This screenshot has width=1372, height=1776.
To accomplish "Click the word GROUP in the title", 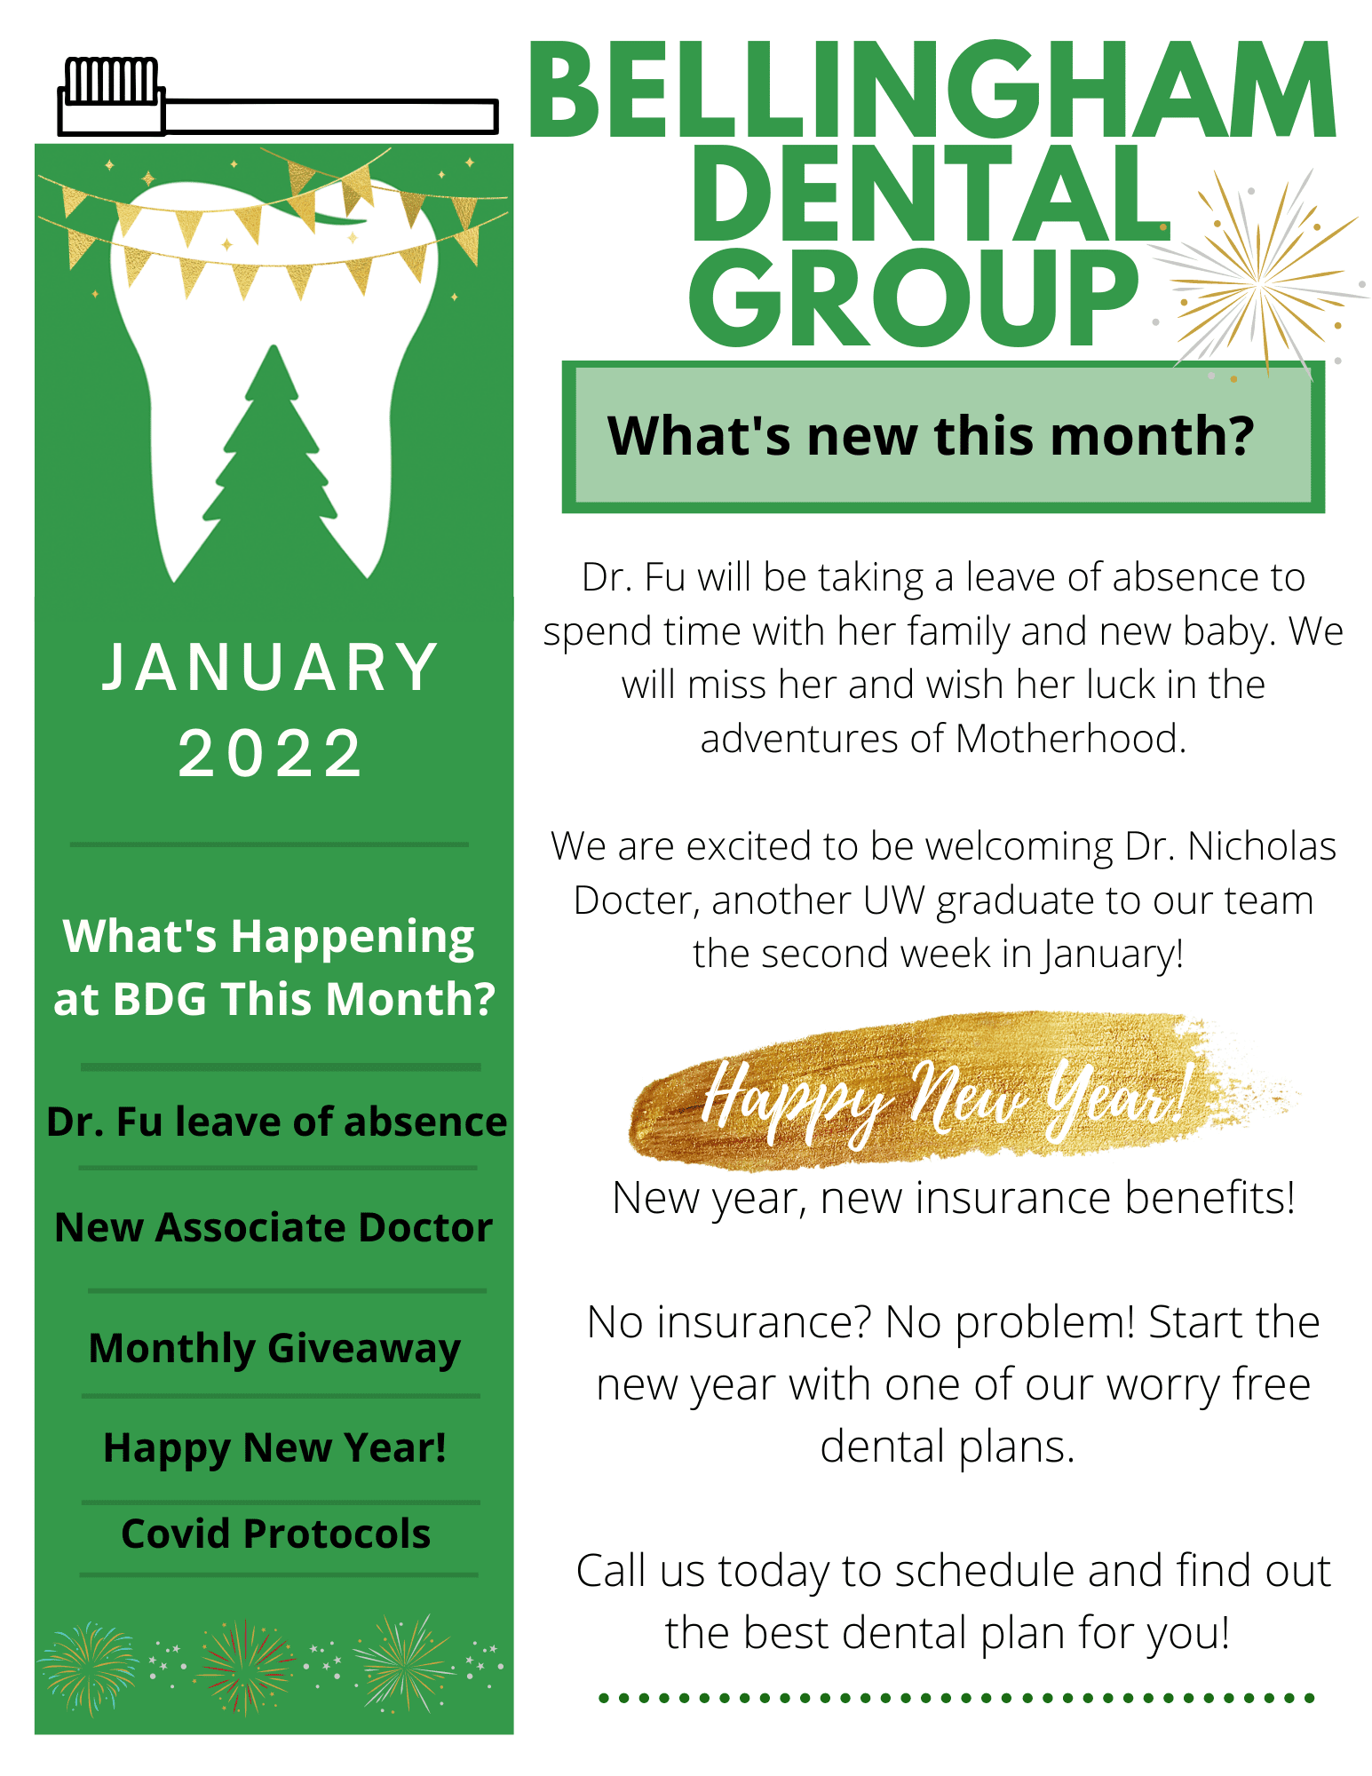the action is click(914, 298).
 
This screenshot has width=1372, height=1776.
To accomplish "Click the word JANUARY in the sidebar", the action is click(271, 668).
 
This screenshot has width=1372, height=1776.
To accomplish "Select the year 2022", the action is click(271, 754).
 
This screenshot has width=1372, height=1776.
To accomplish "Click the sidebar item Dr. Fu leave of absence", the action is click(276, 1122).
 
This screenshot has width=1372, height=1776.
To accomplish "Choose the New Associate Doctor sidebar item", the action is click(274, 1227).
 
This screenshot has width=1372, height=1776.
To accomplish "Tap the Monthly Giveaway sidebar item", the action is click(274, 1349).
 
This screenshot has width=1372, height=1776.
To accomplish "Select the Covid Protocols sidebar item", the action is click(275, 1534).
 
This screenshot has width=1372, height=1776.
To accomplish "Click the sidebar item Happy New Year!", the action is click(274, 1448).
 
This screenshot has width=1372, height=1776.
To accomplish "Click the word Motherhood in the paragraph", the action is click(1071, 739).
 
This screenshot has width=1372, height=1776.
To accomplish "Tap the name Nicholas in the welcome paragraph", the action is click(1262, 846).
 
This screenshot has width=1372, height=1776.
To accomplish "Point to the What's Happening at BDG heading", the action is click(274, 967).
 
